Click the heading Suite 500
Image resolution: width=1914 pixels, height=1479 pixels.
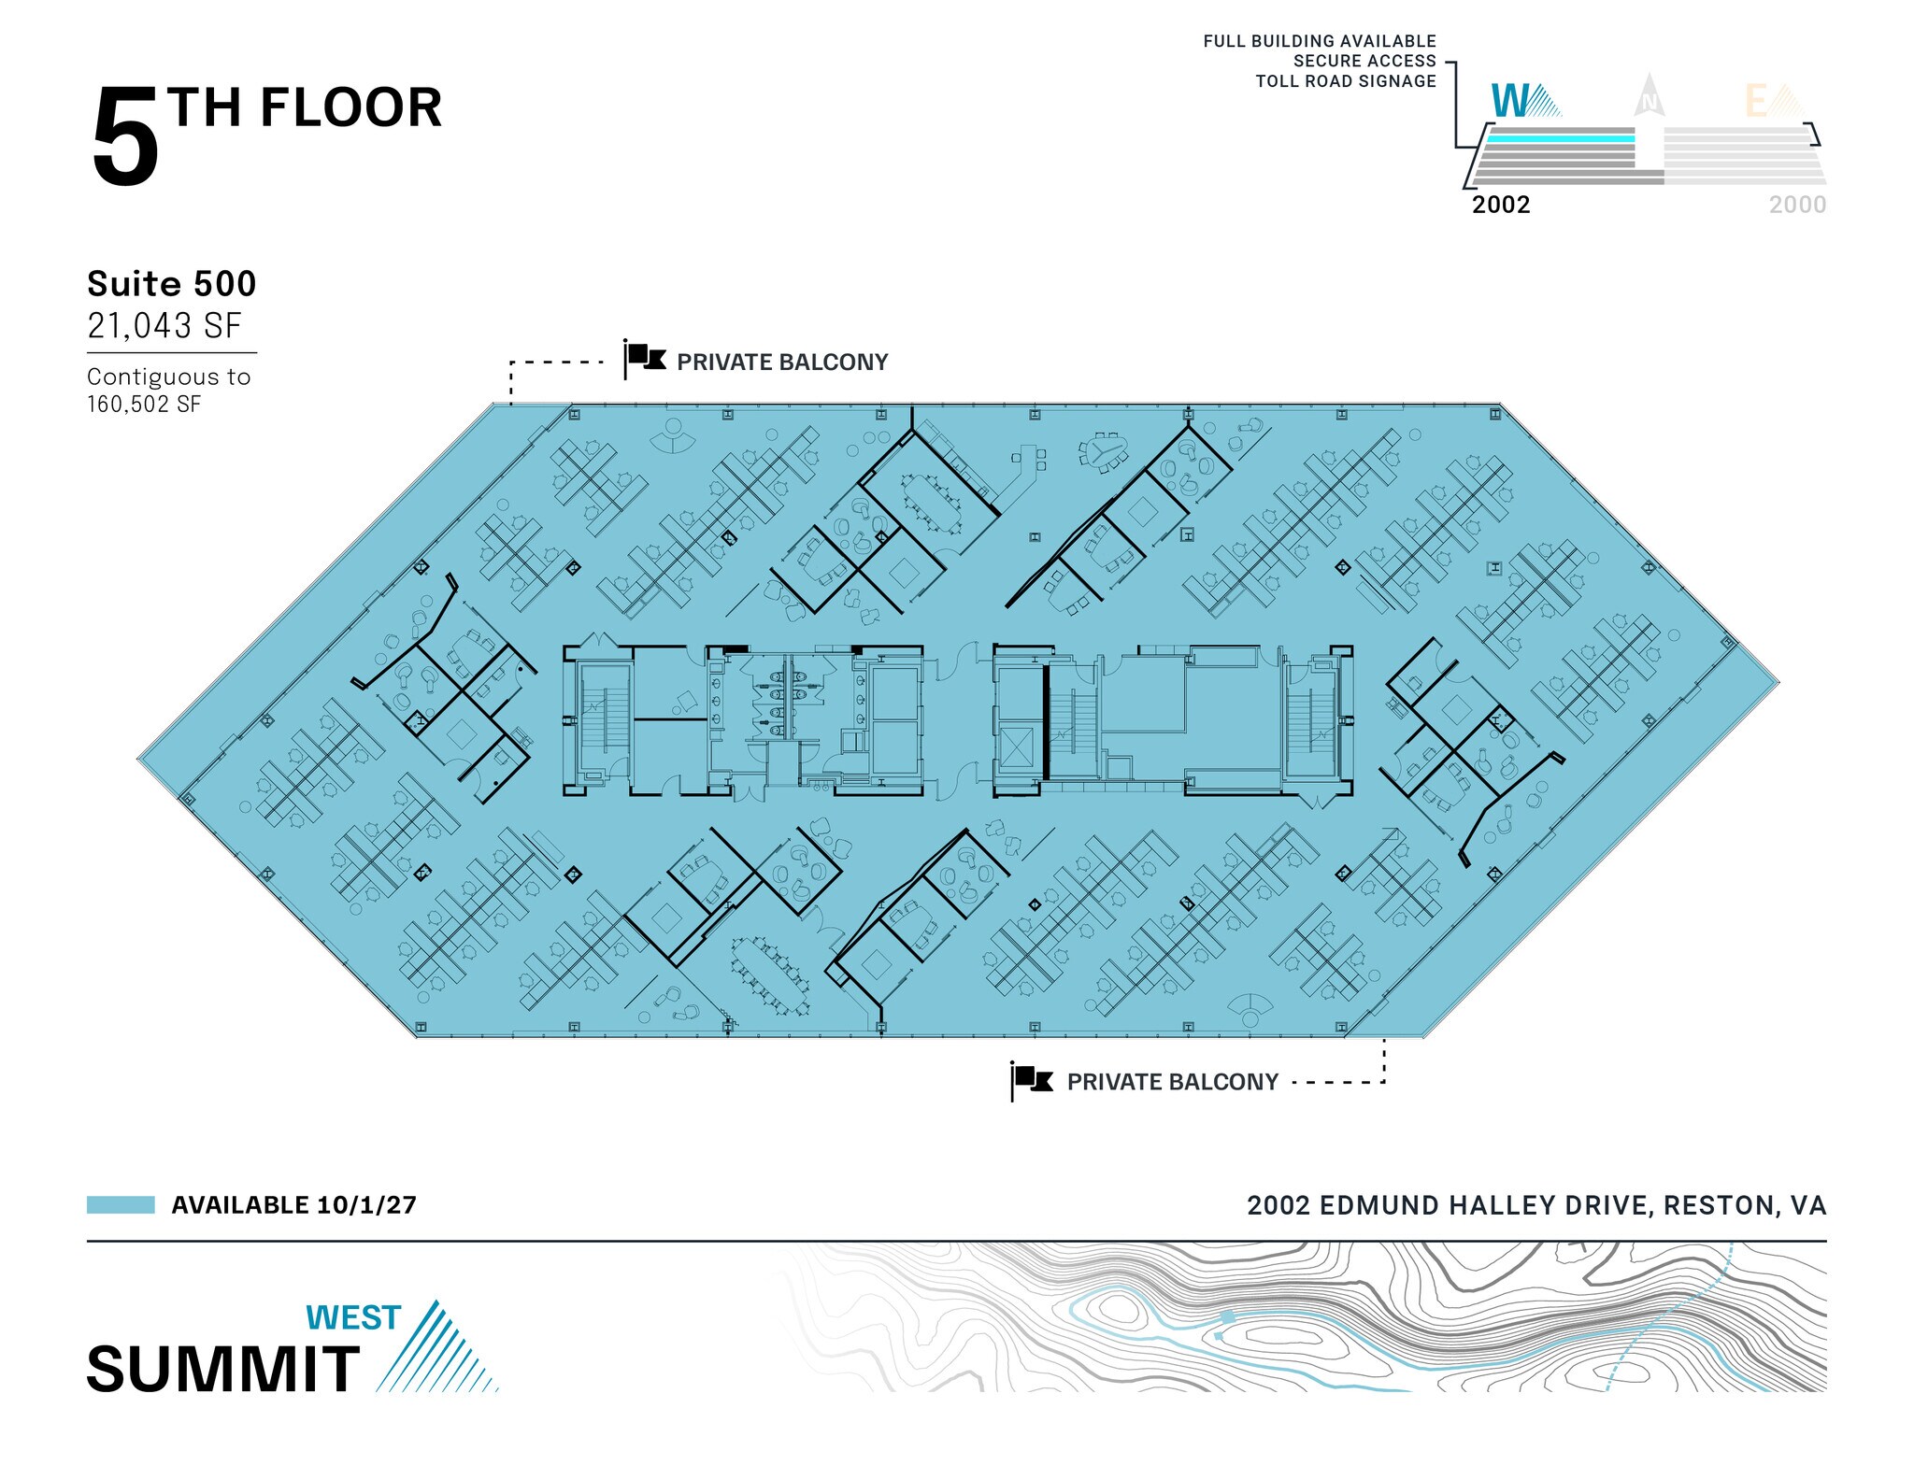click(x=171, y=284)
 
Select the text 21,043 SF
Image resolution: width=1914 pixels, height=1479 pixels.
click(x=164, y=326)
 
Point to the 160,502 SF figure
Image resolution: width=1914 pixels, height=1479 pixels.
click(x=144, y=405)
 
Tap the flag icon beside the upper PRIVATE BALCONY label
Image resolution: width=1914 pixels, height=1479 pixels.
click(x=645, y=359)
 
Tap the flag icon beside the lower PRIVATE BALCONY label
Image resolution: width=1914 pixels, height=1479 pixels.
click(x=1033, y=1080)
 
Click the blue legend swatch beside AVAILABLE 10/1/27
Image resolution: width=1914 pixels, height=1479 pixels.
click(x=121, y=1204)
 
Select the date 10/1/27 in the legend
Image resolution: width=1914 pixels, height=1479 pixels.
click(x=367, y=1205)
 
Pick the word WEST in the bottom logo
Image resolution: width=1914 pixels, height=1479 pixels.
click(x=353, y=1317)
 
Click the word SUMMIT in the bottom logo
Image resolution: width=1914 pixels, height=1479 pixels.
click(x=223, y=1370)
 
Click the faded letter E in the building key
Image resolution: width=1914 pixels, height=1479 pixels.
click(x=1757, y=102)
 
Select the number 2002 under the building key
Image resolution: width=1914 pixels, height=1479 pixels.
click(x=1501, y=205)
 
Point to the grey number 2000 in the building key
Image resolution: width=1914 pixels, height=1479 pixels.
click(x=1797, y=205)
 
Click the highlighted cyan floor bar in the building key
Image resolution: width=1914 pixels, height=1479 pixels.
click(x=1561, y=138)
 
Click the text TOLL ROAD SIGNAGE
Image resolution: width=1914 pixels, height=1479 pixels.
click(x=1346, y=81)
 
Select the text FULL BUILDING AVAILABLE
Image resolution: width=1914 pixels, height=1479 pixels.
click(x=1320, y=41)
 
